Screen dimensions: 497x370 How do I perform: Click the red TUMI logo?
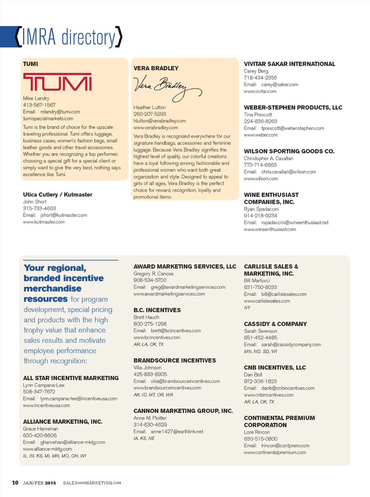57,82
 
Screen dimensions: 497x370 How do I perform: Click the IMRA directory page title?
69,37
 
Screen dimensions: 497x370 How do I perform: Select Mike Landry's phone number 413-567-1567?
39,105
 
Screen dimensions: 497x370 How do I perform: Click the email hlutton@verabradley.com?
160,121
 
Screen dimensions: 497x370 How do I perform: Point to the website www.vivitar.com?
260,91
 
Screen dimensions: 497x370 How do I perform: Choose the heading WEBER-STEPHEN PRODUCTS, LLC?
293,108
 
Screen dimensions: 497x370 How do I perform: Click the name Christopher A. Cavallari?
268,159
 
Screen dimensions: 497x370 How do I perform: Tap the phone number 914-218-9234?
261,216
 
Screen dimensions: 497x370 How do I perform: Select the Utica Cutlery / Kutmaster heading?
58,195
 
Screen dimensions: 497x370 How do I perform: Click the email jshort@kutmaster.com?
64,215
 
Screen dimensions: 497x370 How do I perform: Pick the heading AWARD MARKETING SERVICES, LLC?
185,267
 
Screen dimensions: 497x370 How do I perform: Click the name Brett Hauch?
146,317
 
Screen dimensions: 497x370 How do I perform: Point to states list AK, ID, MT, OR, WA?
153,395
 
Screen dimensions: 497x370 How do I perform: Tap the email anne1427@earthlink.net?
177,432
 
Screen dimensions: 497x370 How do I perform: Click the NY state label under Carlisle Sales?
247,308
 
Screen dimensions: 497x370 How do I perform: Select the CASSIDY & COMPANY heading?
275,324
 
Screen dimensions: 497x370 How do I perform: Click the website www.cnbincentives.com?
268,395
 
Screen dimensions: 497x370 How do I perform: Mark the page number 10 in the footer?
15,483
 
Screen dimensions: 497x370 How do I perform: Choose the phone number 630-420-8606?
40,436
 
